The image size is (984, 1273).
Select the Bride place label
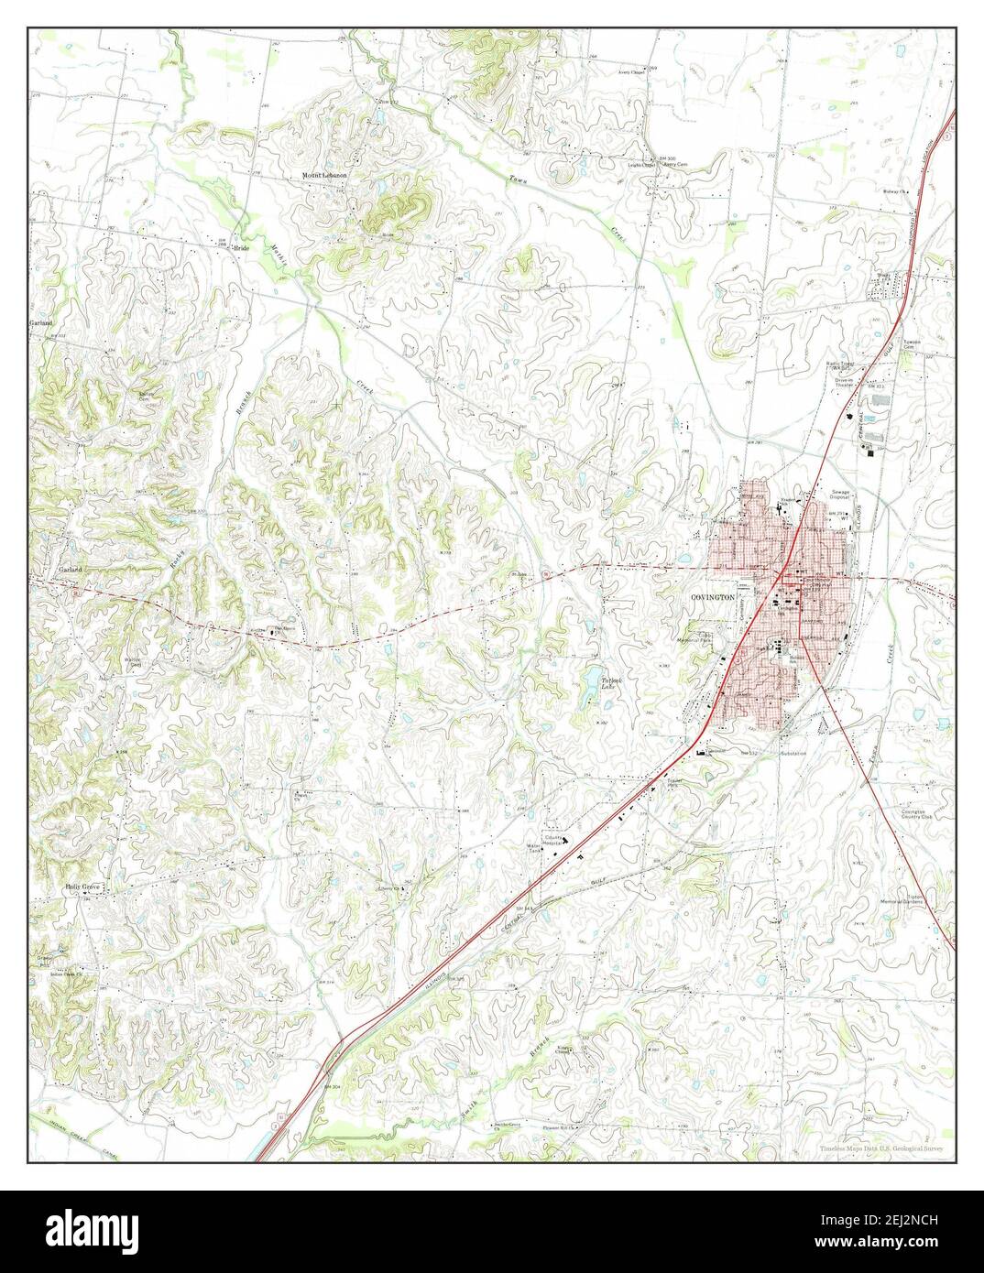click(x=241, y=247)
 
